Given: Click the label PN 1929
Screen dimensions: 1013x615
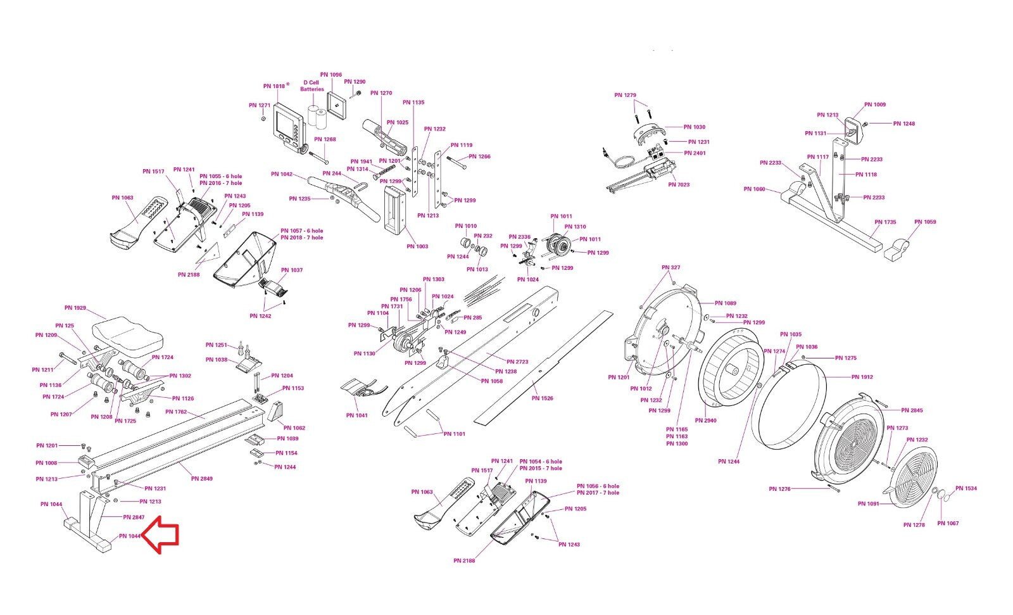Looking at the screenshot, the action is click(75, 308).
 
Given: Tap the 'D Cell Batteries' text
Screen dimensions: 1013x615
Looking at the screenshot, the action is click(311, 86).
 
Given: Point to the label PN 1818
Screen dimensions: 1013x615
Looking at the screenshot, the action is click(274, 86).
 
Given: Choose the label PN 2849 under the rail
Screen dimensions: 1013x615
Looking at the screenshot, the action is click(202, 478).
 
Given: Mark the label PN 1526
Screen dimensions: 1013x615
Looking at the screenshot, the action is click(542, 398).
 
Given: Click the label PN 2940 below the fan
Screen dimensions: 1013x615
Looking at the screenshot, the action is click(705, 421).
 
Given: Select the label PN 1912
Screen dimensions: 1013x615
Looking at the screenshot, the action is click(862, 377).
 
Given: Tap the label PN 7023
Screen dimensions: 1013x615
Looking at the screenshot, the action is click(679, 185).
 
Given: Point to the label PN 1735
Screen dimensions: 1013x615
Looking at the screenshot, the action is click(885, 222).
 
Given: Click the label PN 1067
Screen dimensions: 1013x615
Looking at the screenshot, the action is click(948, 523).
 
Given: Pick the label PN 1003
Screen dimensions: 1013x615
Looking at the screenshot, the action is click(417, 246).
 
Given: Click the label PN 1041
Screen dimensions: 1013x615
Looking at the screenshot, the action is click(357, 415).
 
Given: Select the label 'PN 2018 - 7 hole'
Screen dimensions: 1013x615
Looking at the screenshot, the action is click(301, 238).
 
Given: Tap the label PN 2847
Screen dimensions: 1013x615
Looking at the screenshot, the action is click(134, 517).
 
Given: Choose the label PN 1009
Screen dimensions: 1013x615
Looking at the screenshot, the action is click(875, 105).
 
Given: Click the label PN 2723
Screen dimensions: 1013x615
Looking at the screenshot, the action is click(517, 362).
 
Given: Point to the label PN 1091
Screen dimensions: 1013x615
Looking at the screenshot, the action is click(868, 504).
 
